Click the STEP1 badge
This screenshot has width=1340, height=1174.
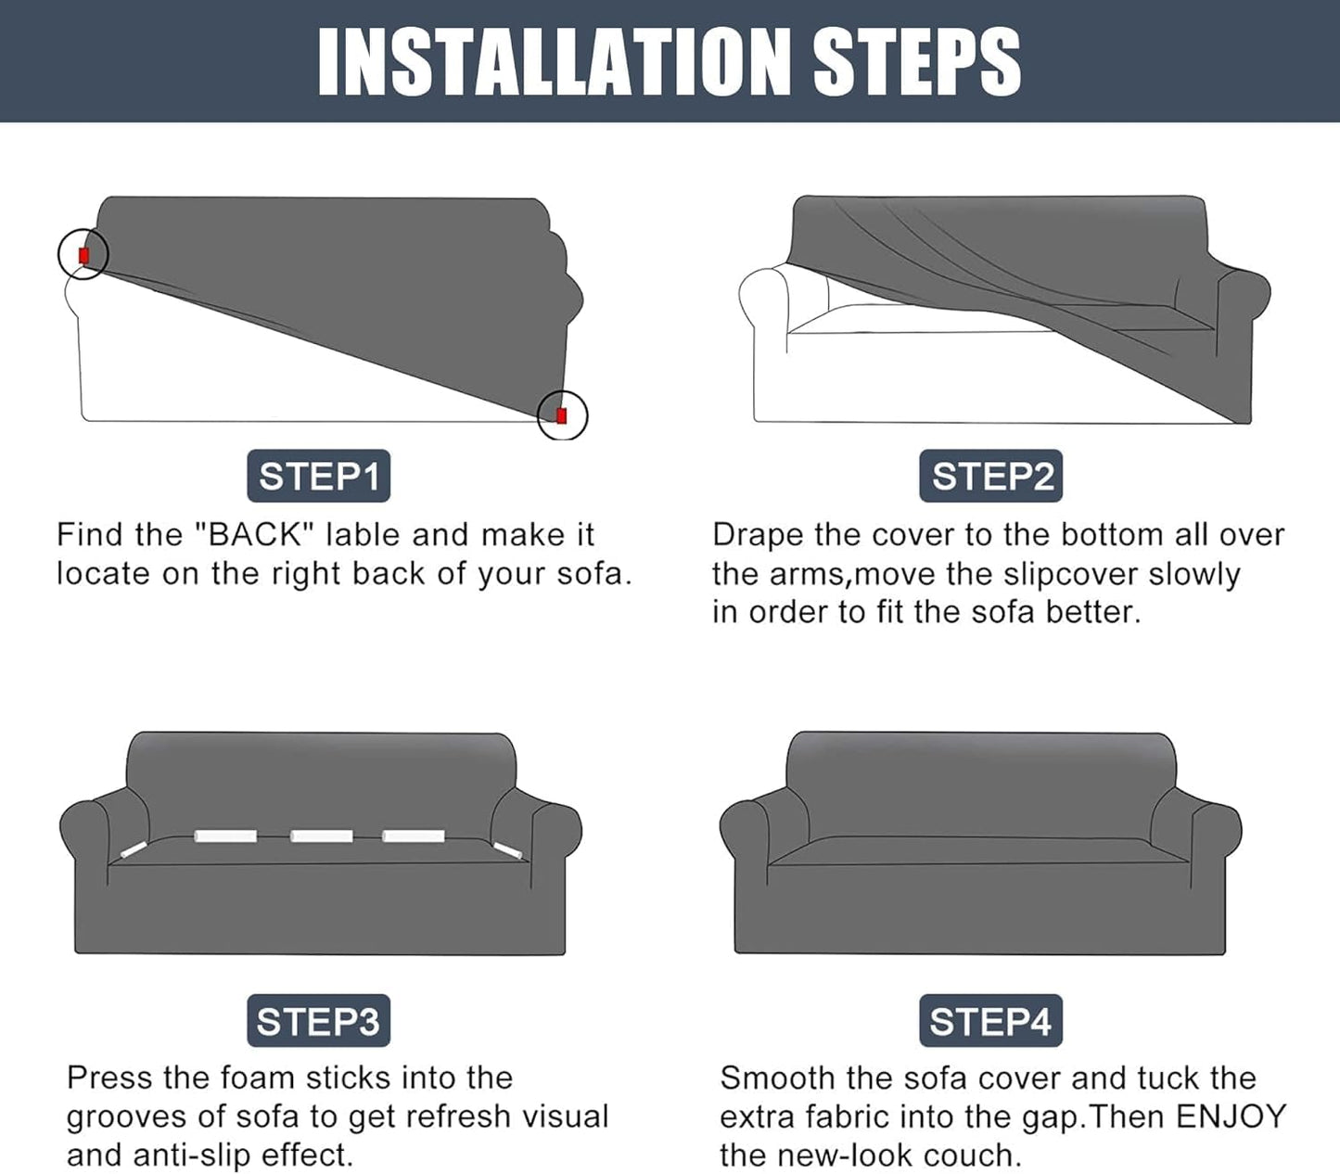[x=318, y=476]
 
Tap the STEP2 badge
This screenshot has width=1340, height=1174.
[x=990, y=476]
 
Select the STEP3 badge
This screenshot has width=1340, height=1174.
[x=318, y=1021]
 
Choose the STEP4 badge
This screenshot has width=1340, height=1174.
[x=990, y=1021]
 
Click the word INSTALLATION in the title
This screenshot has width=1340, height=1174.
[x=555, y=62]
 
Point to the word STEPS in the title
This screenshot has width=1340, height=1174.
[x=917, y=62]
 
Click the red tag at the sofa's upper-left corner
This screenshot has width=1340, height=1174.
[x=83, y=255]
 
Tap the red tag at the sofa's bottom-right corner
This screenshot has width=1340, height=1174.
[x=562, y=415]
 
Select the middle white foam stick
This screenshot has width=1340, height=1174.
[x=322, y=836]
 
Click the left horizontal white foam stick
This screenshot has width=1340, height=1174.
[x=225, y=836]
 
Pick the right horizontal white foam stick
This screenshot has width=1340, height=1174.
[x=414, y=836]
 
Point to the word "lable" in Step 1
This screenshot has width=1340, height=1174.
[x=364, y=534]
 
